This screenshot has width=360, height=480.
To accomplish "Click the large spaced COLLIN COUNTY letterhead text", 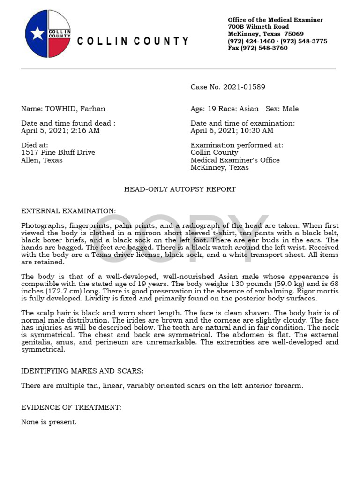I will (133, 41).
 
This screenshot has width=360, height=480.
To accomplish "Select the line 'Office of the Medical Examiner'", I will (275, 20).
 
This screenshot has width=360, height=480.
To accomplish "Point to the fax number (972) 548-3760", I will (258, 48).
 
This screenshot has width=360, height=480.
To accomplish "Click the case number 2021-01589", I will (244, 87).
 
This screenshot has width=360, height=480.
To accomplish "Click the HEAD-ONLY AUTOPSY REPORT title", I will (180, 189).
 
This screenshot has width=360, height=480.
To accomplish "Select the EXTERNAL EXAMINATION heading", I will (68, 211).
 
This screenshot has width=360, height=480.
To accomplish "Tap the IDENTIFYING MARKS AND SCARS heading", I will (82, 371).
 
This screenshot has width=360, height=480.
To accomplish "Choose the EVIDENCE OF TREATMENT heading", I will (71, 407).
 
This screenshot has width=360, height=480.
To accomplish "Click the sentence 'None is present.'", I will (49, 422).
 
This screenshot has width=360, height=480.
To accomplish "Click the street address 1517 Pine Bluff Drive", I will (58, 152).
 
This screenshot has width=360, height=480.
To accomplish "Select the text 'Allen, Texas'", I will (42, 160).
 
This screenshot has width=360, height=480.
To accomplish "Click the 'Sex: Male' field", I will (282, 109).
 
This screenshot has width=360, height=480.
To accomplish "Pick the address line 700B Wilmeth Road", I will (258, 27).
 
